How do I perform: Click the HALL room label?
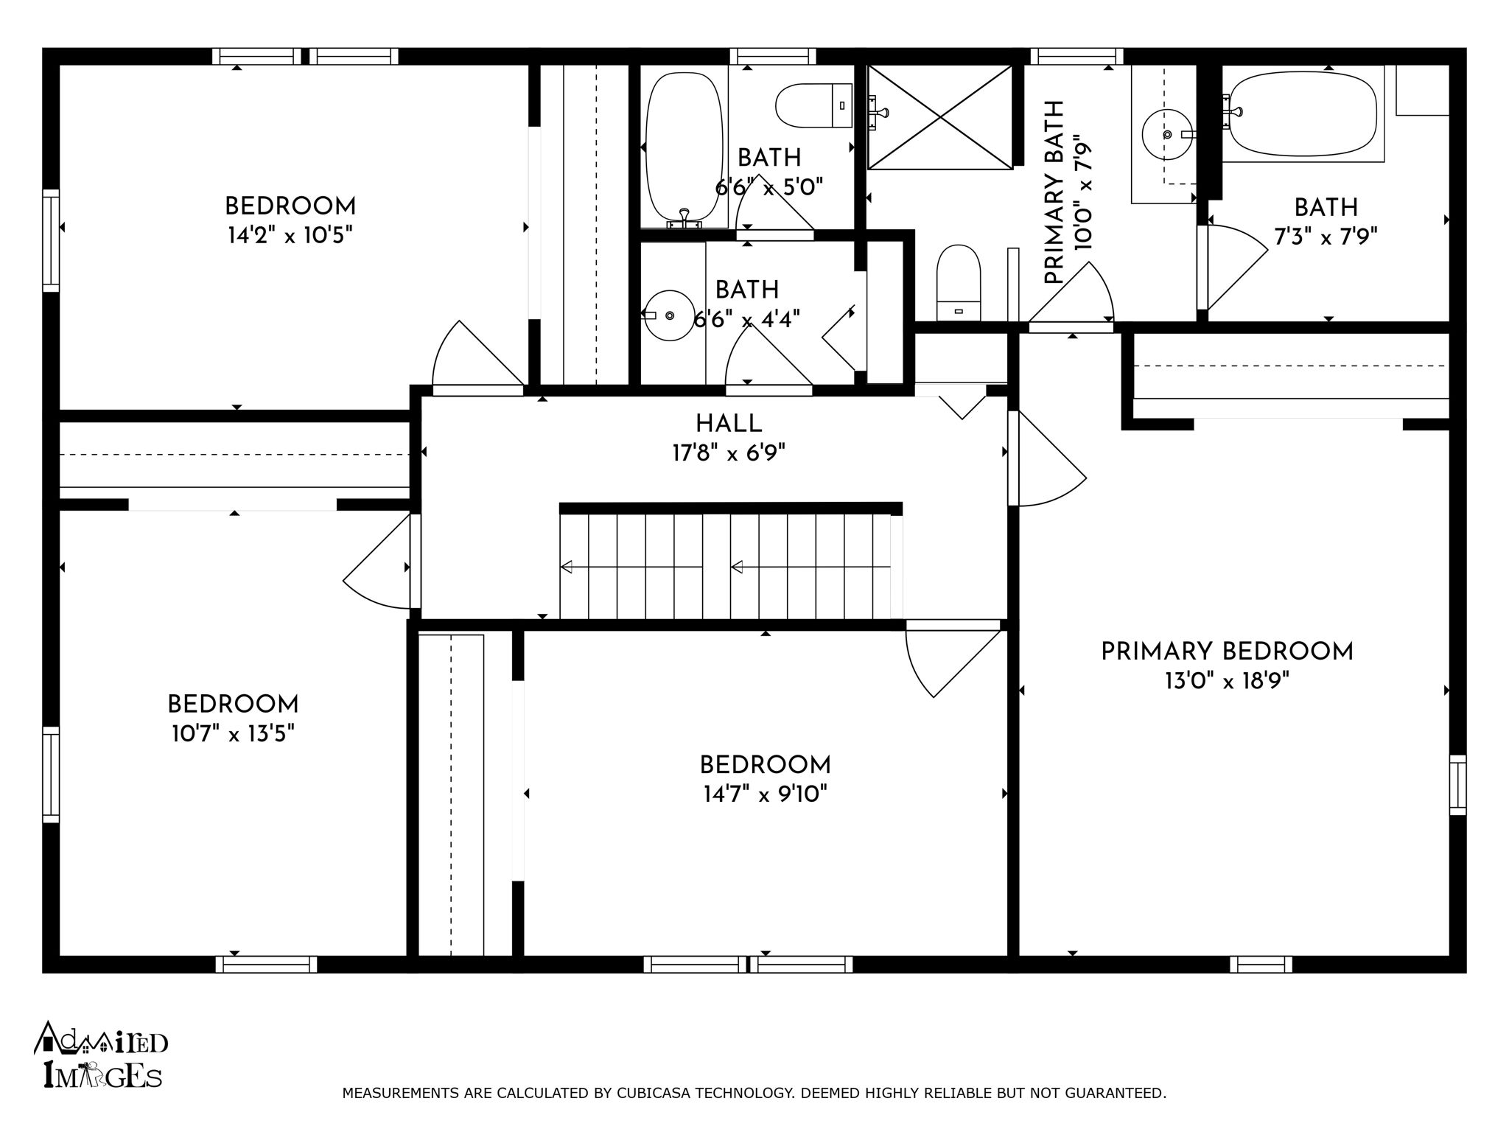[729, 424]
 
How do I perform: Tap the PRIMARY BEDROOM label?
[1227, 652]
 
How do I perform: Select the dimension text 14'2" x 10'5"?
[290, 236]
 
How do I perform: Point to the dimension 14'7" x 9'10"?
[765, 794]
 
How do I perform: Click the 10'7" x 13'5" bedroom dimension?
[233, 734]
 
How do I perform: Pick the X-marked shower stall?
[939, 117]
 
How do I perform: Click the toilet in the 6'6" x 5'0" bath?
[813, 105]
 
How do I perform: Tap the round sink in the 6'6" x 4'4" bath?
[669, 315]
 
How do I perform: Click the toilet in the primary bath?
[959, 283]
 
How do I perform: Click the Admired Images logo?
[101, 1055]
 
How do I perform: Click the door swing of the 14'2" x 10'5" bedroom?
[477, 354]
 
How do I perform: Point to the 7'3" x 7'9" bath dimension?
[1326, 237]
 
